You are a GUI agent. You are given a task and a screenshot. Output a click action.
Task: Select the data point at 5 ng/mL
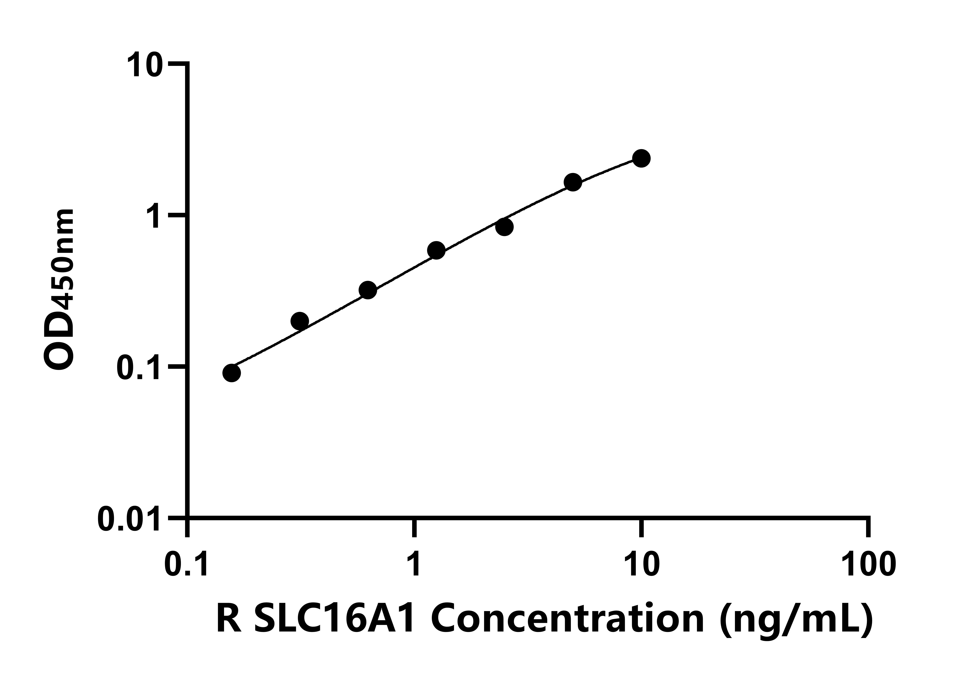[573, 182]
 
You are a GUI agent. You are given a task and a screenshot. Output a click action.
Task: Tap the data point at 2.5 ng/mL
[504, 227]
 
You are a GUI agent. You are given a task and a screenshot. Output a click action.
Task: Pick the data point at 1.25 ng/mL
[436, 250]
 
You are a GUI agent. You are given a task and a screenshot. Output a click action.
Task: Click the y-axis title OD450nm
[59, 290]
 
